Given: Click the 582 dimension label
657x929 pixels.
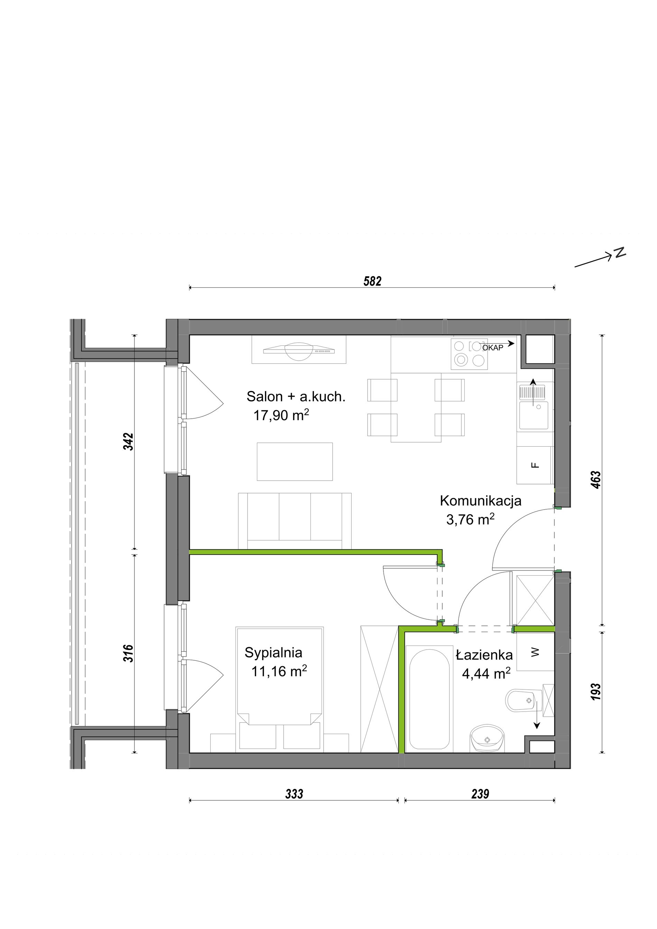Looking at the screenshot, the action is (x=372, y=281).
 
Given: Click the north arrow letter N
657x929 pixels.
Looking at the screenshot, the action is (x=620, y=253).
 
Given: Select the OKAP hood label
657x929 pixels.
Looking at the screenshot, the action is (x=493, y=347).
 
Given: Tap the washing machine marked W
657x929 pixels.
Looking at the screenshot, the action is (x=535, y=652).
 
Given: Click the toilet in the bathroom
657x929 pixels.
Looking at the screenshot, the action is (x=524, y=700).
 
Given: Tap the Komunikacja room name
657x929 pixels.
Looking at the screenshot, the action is (x=481, y=501).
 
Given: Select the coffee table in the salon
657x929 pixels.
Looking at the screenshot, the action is (x=295, y=461).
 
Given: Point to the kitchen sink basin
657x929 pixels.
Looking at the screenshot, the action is (x=534, y=415).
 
